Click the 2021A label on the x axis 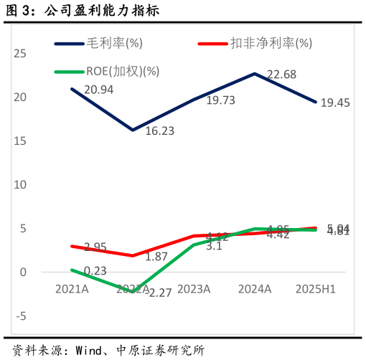point(72,289)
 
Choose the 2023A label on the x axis point(194,289)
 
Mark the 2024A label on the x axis point(255,289)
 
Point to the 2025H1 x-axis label point(316,289)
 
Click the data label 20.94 point(99,90)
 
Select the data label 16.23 point(160,131)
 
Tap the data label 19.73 point(221,100)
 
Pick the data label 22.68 point(282,75)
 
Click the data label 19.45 point(335,103)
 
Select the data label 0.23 point(95,270)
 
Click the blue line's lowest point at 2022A point(133,130)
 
